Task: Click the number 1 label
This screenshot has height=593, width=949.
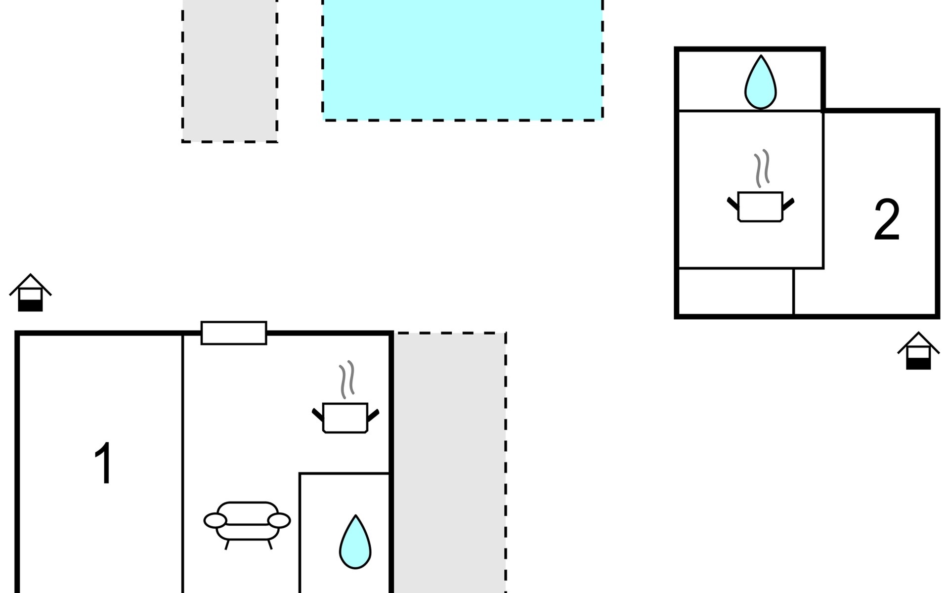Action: tap(104, 463)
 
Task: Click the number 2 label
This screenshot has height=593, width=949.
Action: tap(887, 220)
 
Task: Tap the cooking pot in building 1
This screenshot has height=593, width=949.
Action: tap(345, 418)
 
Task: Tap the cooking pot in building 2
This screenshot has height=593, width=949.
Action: tap(760, 207)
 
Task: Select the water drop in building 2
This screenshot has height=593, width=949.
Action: tap(761, 82)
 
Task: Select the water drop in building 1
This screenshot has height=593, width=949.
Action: tap(355, 542)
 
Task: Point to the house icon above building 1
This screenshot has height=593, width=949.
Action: tap(31, 293)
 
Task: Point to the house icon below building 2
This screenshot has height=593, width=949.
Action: tap(918, 350)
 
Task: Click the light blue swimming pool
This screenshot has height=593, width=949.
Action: tap(463, 60)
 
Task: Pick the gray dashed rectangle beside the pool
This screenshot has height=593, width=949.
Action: tap(230, 71)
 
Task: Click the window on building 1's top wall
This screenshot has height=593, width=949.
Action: tap(234, 333)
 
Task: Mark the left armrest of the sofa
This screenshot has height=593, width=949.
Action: tap(216, 520)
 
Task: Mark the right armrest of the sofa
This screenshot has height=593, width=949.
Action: tap(279, 520)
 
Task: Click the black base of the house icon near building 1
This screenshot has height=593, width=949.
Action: tap(31, 305)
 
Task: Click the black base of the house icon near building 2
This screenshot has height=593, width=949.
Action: tap(918, 363)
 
